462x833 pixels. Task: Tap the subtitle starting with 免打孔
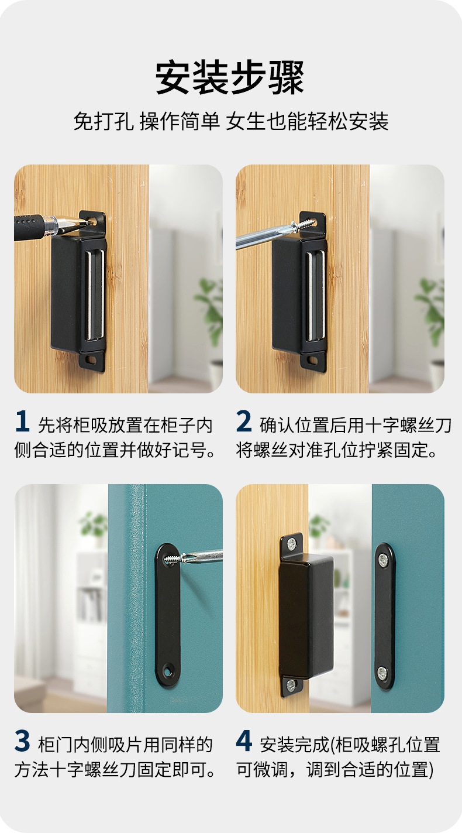[x=230, y=121]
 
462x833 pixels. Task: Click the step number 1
[x=22, y=422]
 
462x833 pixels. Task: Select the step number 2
[x=244, y=422]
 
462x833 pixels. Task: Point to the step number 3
[x=22, y=742]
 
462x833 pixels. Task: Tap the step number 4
[x=244, y=742]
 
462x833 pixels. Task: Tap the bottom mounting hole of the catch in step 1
[x=92, y=358]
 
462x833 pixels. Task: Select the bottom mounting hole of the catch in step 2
[x=313, y=358]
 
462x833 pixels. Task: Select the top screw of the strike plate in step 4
[x=382, y=560]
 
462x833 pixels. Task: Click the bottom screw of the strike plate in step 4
[x=382, y=671]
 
